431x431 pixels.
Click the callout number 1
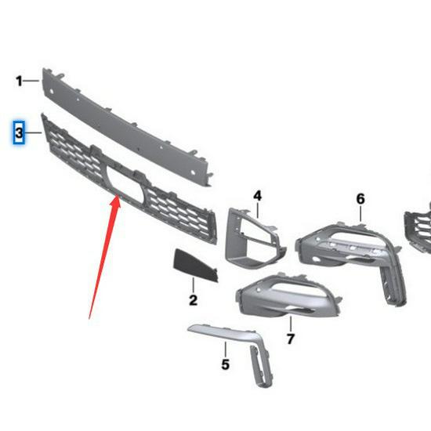19,81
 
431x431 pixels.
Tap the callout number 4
257,195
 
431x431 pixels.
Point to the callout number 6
360,199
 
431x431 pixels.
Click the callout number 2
193,299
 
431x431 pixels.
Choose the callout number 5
225,364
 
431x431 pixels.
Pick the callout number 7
291,339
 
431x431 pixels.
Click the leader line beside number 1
34,80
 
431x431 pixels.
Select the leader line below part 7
291,324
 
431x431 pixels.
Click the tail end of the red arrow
89,317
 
